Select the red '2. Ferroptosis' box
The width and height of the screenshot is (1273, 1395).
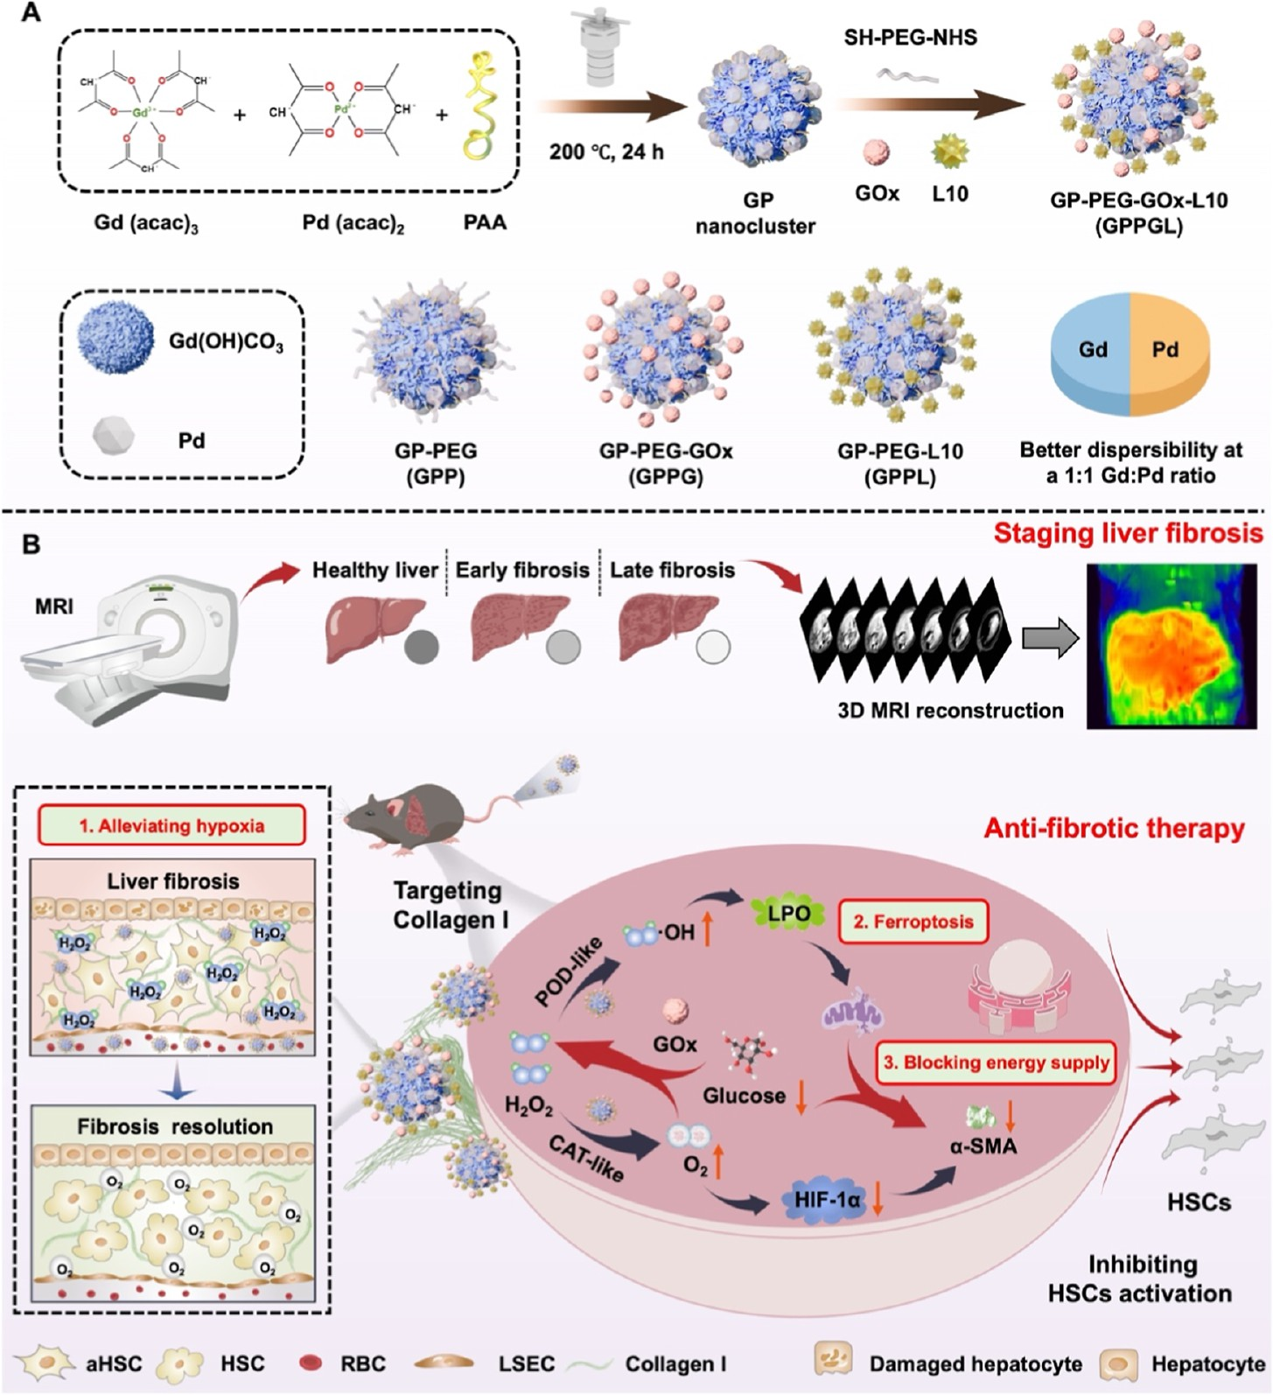913,921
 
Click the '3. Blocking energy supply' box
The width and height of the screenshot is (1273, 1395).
997,1062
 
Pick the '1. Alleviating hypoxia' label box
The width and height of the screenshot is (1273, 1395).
171,825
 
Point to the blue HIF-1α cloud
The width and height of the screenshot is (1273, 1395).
827,1200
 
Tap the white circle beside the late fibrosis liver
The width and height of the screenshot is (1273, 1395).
713,648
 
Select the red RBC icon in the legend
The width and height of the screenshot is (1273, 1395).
311,1363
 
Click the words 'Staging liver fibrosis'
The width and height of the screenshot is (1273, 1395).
1128,533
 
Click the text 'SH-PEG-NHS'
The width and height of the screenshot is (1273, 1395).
910,38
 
